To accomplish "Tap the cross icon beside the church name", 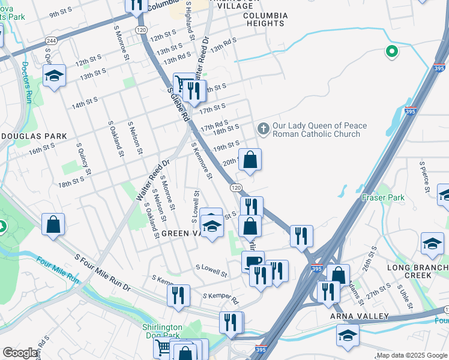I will pos(262,128).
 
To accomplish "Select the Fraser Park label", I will pos(383,197).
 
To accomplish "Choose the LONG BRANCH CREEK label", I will pos(409,271).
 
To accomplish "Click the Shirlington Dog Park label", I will pos(162,331).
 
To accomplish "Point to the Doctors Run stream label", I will pos(26,74).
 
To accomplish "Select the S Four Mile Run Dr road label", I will pos(102,272).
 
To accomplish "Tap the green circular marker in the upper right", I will pos(392,52).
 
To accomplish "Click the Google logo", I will pos(20,353).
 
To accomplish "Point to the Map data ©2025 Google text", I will pos(411,355).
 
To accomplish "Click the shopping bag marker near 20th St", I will pos(250,159).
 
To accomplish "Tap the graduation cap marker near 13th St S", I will pos(54,76).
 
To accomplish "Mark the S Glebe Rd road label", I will pos(178,106).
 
